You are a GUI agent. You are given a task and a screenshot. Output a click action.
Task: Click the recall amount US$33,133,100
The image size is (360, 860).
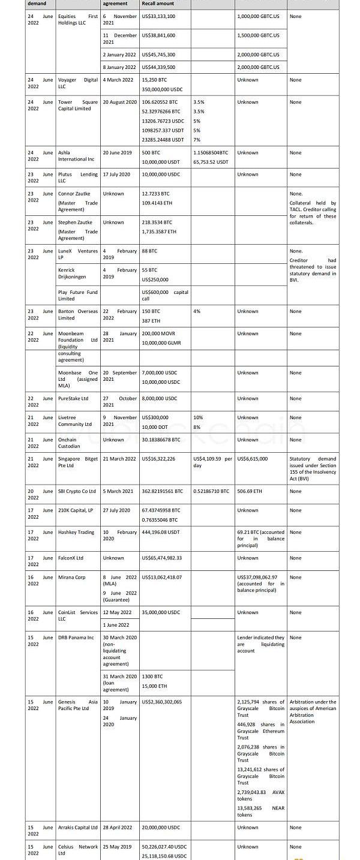158,16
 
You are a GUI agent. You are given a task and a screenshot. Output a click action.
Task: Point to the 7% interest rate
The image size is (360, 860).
197,140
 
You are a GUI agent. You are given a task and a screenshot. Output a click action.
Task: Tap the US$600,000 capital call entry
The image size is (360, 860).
164,295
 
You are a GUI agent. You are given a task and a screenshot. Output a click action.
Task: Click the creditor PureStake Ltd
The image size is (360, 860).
73,398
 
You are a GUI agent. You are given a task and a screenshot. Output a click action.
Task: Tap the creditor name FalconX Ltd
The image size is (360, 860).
71,558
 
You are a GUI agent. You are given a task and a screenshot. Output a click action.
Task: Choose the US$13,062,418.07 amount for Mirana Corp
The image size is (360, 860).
161,577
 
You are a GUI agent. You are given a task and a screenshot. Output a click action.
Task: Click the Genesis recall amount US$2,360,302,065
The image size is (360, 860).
161,702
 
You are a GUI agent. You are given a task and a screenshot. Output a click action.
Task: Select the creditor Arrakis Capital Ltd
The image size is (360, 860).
78,828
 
